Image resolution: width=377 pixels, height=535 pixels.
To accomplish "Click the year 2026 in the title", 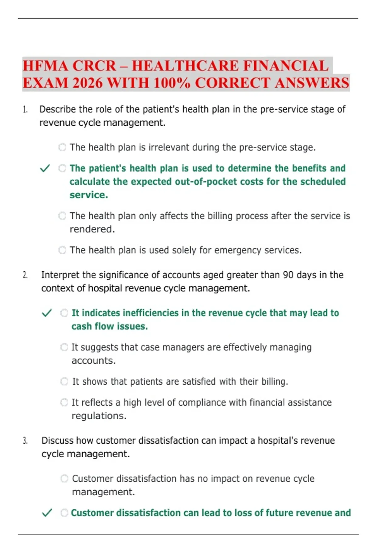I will tap(87, 83).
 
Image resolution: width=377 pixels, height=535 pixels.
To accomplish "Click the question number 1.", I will tap(25, 110).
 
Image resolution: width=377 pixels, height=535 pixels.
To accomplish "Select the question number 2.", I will tap(25, 275).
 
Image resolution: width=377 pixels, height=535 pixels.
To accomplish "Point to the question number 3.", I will tap(25, 441).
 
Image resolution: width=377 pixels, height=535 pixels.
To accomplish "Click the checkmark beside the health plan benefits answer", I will tap(45, 168).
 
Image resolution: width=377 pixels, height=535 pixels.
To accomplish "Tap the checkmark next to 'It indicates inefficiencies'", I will tap(46, 313).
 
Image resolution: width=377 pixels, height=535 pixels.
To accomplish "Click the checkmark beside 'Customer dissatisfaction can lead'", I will tap(47, 513).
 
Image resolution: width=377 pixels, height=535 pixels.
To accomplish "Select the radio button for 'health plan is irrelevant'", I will tap(62, 147).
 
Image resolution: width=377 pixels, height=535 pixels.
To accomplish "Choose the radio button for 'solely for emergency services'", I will tap(62, 250).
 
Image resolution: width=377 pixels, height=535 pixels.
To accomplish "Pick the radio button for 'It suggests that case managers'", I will tap(64, 347).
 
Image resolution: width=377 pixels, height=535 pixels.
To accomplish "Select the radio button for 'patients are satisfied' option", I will tap(64, 381).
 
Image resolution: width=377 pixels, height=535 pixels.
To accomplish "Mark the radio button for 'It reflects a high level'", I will tap(64, 403).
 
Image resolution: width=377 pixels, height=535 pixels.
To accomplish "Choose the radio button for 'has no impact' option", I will tap(64, 479).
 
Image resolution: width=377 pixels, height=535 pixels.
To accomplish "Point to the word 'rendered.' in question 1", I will tap(92, 229).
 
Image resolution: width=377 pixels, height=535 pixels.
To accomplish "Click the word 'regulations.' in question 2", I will tap(99, 416).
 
